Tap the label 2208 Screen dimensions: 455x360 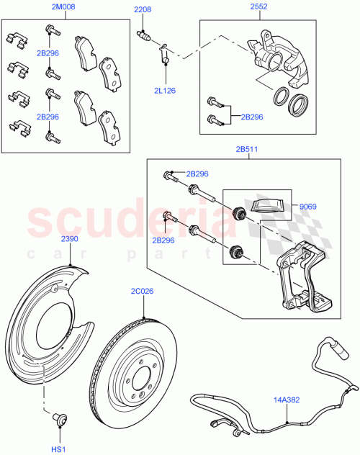click(143, 9)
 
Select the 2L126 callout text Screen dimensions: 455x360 click(165, 91)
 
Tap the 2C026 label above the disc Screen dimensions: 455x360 click(143, 291)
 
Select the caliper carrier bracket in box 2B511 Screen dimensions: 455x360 click(302, 281)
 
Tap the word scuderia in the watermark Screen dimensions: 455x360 click(130, 222)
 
